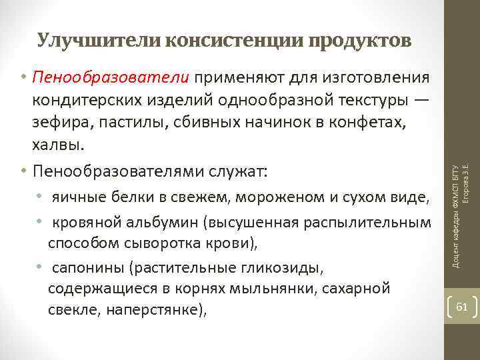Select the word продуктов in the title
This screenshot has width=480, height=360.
pos(359,41)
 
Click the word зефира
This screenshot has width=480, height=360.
pos(57,122)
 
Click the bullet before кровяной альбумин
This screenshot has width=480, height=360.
pos(41,221)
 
